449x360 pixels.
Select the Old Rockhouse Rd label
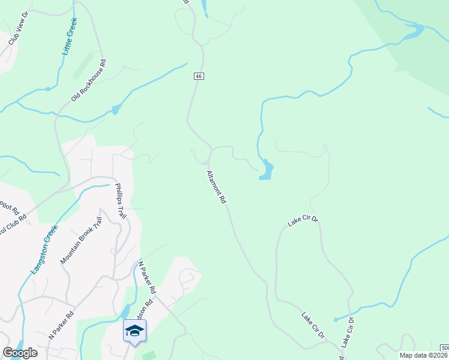88,79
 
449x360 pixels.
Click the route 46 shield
199,76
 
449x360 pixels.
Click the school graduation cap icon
134,331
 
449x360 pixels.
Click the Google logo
20,353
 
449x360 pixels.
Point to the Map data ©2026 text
424,355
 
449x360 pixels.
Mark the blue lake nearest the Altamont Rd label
267,170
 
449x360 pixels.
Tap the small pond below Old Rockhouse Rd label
116,109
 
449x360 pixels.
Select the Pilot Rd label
8,207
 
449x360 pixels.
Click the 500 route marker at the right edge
444,348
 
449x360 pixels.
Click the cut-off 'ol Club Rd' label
13,224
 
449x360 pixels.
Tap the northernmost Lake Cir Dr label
303,222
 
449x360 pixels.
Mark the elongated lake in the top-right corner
412,32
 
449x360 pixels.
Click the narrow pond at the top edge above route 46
205,8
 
